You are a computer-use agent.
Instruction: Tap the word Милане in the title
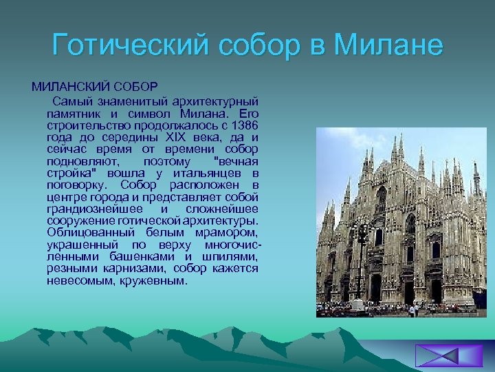[x=388, y=45]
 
